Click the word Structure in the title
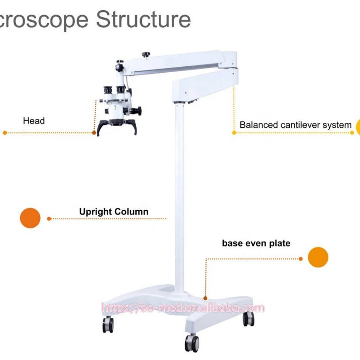point(143,19)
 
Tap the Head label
point(34,121)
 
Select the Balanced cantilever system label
point(295,125)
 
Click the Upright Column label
point(114,212)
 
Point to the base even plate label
point(256,243)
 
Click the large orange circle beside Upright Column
point(30,218)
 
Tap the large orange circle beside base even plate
point(318,257)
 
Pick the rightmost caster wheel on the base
point(248,319)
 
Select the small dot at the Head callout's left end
point(5,133)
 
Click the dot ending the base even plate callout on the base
point(205,298)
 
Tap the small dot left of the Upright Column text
point(49,218)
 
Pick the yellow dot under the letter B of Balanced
point(234,133)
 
